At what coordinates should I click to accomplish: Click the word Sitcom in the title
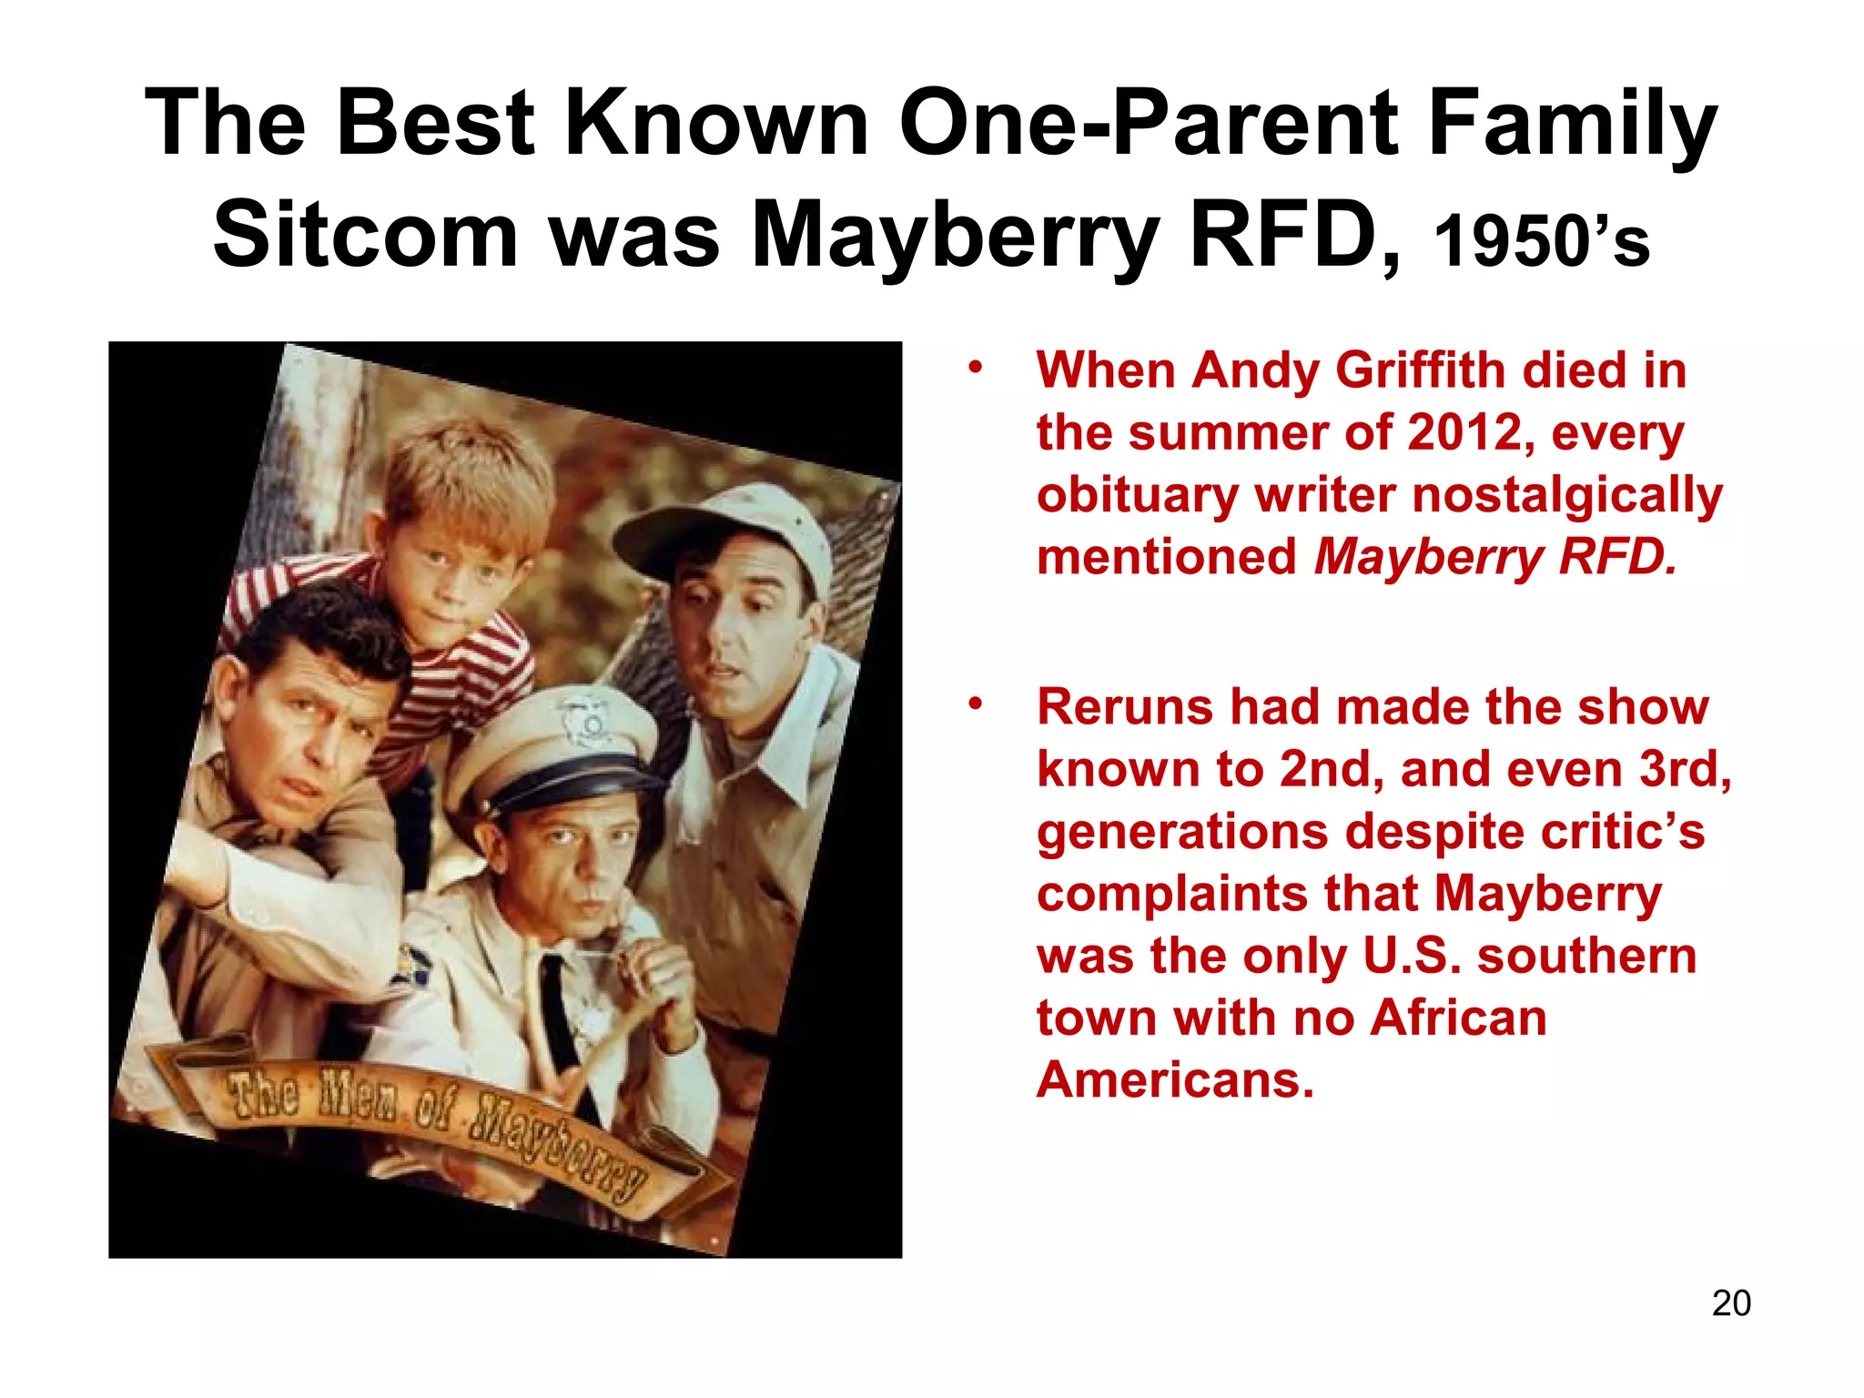click(365, 235)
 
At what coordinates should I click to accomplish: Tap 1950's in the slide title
click(1541, 241)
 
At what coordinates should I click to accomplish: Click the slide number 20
click(1730, 1303)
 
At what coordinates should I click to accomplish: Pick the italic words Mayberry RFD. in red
click(1494, 556)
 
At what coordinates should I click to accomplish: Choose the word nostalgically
click(1566, 495)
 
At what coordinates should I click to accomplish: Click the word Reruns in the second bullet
click(1125, 707)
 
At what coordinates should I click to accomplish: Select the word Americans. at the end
click(1175, 1079)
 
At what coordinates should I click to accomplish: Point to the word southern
click(1586, 956)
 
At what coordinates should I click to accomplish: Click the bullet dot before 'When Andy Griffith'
click(976, 369)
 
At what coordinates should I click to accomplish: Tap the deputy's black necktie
click(561, 1010)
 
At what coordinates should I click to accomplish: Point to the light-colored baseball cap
click(728, 528)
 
